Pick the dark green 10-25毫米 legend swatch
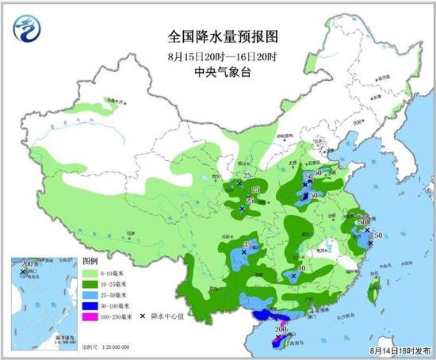click(x=91, y=283)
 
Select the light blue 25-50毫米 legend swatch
click(x=91, y=294)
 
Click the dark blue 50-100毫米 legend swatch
click(x=91, y=305)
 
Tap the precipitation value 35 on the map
click(x=248, y=245)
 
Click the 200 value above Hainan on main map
click(x=281, y=329)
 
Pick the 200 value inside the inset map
click(x=31, y=263)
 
